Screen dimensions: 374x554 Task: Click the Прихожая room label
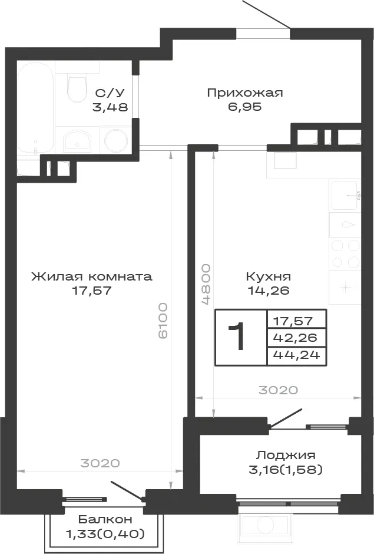(x=245, y=93)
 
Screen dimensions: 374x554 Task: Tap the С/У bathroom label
(x=110, y=93)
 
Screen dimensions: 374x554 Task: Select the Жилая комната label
(x=92, y=276)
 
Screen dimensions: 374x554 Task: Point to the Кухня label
(x=269, y=276)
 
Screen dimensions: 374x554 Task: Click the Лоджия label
(x=286, y=455)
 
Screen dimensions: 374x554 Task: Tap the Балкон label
(x=105, y=519)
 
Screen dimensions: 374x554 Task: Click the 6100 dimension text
(x=163, y=321)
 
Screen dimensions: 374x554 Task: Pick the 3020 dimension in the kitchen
(x=279, y=390)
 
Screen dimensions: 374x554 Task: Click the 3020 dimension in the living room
(x=100, y=463)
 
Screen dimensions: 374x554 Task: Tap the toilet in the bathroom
(x=77, y=86)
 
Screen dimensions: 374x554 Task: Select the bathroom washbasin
(x=77, y=141)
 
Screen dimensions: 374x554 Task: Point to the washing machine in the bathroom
(x=117, y=140)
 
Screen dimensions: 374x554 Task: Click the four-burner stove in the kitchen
(x=345, y=253)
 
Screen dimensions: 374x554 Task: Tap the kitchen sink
(x=345, y=196)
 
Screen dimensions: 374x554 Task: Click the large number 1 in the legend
(x=237, y=337)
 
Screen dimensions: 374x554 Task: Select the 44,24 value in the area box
(x=297, y=354)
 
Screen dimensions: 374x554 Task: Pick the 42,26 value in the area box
(x=295, y=338)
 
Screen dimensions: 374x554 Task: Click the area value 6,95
(x=245, y=106)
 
